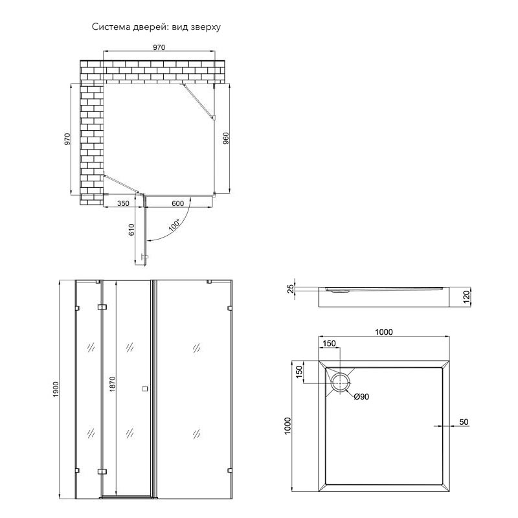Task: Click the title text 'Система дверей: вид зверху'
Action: [157, 27]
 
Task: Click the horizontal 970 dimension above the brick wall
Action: [159, 47]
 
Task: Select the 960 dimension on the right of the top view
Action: [226, 140]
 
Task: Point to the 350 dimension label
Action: [124, 203]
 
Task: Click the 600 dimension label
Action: [178, 203]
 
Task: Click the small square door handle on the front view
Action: [144, 389]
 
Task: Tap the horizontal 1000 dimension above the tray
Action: [385, 332]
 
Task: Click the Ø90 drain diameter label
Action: [361, 396]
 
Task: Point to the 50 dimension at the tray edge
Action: [464, 422]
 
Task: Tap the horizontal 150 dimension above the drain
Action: [330, 344]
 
